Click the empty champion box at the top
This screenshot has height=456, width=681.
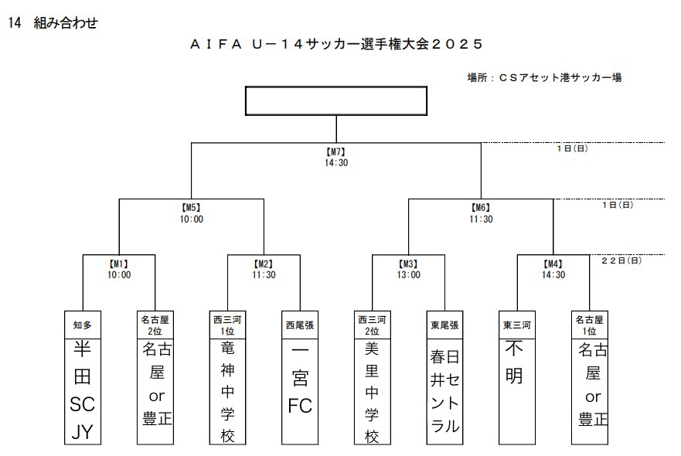click(x=335, y=100)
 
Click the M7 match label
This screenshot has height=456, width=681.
click(x=335, y=152)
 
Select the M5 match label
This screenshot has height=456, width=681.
click(x=191, y=208)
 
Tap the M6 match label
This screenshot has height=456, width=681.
click(x=481, y=208)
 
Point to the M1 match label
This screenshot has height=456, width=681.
click(x=119, y=264)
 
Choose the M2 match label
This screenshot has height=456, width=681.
click(x=264, y=264)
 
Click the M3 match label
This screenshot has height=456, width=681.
click(x=408, y=264)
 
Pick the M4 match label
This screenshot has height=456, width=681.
click(x=553, y=264)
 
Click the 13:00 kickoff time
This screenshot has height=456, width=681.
click(x=408, y=274)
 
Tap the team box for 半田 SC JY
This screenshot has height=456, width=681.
click(x=82, y=390)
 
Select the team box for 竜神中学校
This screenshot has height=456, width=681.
click(x=227, y=390)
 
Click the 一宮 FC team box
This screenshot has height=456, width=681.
click(x=300, y=390)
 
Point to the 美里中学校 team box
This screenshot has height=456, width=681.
click(x=372, y=390)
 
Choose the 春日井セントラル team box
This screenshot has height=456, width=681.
click(x=444, y=390)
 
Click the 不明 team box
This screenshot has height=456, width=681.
click(x=516, y=390)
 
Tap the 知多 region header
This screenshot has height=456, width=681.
click(x=82, y=325)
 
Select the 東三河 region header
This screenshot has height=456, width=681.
click(x=516, y=325)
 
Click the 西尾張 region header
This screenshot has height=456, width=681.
click(x=300, y=325)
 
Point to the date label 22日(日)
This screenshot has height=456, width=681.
click(x=621, y=261)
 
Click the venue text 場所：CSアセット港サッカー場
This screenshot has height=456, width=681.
click(x=544, y=77)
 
